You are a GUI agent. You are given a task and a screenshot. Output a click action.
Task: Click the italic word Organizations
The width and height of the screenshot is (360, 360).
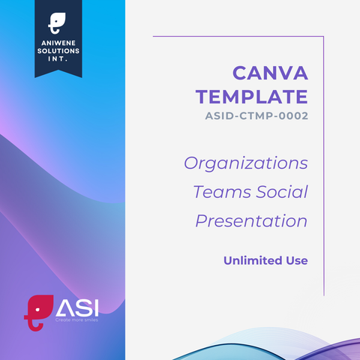click(x=245, y=163)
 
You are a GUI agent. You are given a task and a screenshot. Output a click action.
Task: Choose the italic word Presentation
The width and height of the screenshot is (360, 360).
click(x=251, y=221)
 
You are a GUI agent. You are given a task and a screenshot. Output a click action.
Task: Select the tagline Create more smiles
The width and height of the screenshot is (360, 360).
click(x=76, y=320)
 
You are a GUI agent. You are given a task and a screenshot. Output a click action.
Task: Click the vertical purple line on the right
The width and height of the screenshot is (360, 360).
click(x=324, y=165)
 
